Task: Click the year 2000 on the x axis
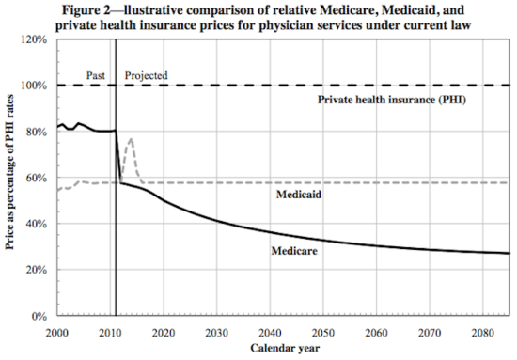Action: click(x=56, y=332)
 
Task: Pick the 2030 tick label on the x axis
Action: click(x=217, y=332)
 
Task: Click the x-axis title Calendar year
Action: click(x=283, y=349)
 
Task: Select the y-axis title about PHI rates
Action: click(x=11, y=179)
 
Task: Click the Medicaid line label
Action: click(x=301, y=196)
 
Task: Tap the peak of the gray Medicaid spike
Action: click(x=131, y=139)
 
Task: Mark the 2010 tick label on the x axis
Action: click(x=110, y=332)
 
